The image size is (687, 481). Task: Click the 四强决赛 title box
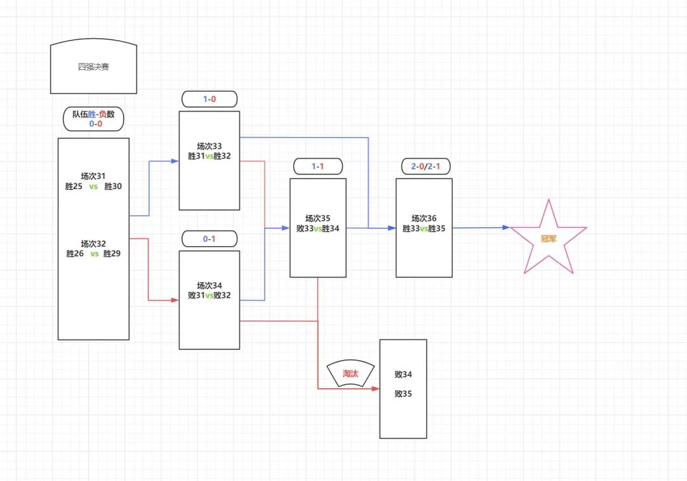pyautogui.click(x=94, y=66)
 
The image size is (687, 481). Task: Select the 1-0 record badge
pyautogui.click(x=209, y=99)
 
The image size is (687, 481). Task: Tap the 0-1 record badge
pyautogui.click(x=209, y=239)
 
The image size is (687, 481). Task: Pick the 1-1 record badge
pyautogui.click(x=317, y=167)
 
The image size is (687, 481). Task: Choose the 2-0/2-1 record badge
pyautogui.click(x=426, y=167)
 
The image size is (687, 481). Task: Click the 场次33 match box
pyautogui.click(x=209, y=160)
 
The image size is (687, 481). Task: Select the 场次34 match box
pyautogui.click(x=209, y=300)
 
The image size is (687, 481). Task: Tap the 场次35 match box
pyautogui.click(x=318, y=228)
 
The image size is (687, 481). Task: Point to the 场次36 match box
pyautogui.click(x=424, y=228)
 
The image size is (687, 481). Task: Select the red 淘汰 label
pyautogui.click(x=350, y=373)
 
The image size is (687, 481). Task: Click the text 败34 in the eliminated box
pyautogui.click(x=403, y=374)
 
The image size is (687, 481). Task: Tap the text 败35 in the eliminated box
pyautogui.click(x=403, y=393)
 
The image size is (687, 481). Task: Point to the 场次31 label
pyautogui.click(x=94, y=176)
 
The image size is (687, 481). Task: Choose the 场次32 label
pyautogui.click(x=94, y=244)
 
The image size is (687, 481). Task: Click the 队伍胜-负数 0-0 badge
pyautogui.click(x=94, y=119)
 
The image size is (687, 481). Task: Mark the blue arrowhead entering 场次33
pyautogui.click(x=175, y=161)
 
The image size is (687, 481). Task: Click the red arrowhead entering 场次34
pyautogui.click(x=175, y=300)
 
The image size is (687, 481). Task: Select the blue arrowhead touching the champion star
pyautogui.click(x=506, y=227)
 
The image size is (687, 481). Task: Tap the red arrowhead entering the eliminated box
pyautogui.click(x=375, y=389)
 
